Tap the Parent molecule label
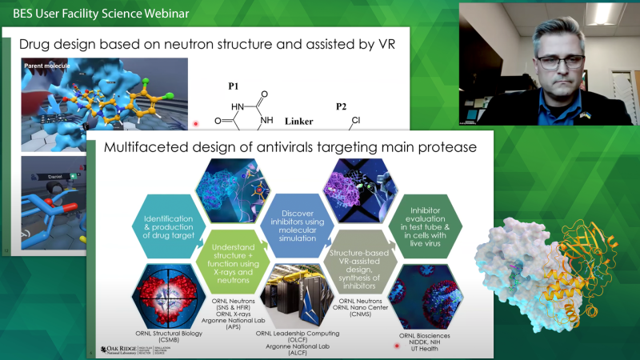point(47,65)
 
